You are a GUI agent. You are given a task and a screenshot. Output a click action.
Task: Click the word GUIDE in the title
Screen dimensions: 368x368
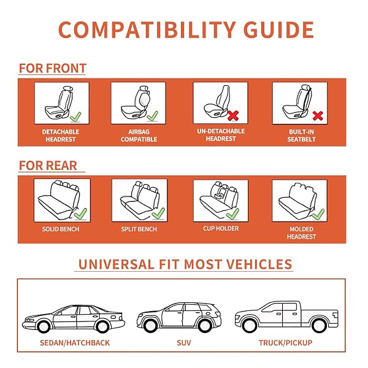(x=278, y=30)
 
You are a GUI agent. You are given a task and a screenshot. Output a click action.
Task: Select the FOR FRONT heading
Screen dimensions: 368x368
(x=53, y=68)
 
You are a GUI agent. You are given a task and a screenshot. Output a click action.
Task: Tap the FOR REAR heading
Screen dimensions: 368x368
(x=48, y=166)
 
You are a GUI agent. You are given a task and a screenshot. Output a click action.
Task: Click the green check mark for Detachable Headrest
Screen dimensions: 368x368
(x=76, y=117)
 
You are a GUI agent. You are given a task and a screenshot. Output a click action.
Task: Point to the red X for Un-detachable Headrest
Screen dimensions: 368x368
(x=233, y=115)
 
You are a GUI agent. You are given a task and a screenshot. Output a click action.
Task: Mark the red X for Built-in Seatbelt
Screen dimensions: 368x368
(x=318, y=116)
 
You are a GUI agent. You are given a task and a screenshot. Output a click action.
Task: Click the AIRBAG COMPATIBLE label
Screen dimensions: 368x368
(x=139, y=136)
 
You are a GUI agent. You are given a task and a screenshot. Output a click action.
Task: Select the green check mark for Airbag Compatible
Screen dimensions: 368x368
(x=152, y=116)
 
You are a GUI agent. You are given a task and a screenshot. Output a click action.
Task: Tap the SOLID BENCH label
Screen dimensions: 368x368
(x=61, y=229)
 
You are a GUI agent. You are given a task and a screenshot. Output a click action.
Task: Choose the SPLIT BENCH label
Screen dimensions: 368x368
(x=139, y=229)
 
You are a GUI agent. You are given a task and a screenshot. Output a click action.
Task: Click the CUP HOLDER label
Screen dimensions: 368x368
(x=221, y=228)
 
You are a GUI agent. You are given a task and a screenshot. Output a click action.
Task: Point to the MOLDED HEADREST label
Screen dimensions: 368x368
(x=301, y=233)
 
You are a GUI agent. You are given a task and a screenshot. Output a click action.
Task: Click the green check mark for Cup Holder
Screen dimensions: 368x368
(x=232, y=214)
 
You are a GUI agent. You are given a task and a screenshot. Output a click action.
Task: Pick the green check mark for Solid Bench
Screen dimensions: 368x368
(x=80, y=214)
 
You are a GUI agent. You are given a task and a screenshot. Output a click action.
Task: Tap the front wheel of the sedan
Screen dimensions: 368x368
(x=44, y=326)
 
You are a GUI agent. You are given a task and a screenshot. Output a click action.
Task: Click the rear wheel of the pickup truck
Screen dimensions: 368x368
(x=319, y=326)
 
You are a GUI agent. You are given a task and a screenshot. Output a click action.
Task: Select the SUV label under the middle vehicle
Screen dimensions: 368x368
(x=184, y=343)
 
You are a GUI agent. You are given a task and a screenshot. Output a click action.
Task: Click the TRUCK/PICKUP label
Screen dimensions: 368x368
(x=285, y=343)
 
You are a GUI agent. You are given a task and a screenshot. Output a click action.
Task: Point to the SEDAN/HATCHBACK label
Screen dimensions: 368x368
(x=75, y=343)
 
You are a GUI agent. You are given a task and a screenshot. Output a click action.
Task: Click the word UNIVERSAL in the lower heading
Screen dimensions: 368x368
(x=117, y=264)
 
